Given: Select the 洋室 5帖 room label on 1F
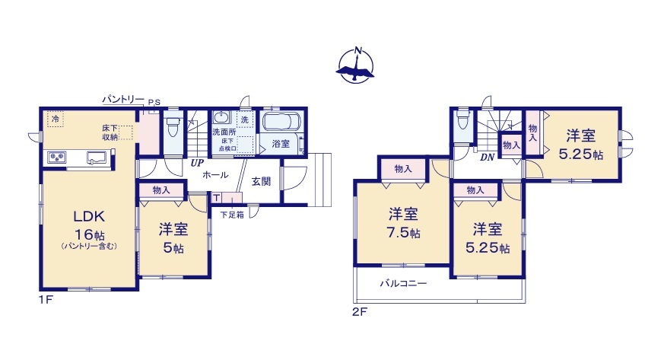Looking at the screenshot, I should pos(173,229).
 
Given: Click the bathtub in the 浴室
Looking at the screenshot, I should pos(281,124).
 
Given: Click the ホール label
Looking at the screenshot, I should pos(215,175).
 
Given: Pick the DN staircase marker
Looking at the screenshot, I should pos(488,157).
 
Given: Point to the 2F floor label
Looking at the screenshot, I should pos(359,311).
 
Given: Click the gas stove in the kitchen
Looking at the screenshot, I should pos(57,158).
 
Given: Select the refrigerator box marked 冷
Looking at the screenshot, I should pos(54,118).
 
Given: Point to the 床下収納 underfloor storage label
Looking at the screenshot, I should pos(110,132).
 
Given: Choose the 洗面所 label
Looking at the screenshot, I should pos(224,132).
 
